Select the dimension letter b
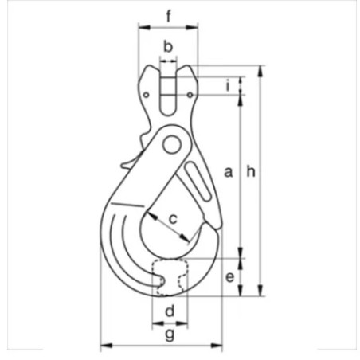[x=168, y=46]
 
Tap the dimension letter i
[x=228, y=85]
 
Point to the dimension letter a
[x=228, y=171]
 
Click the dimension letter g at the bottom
[x=169, y=334]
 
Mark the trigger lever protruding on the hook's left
[x=129, y=164]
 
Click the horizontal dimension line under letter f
[x=168, y=27]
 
